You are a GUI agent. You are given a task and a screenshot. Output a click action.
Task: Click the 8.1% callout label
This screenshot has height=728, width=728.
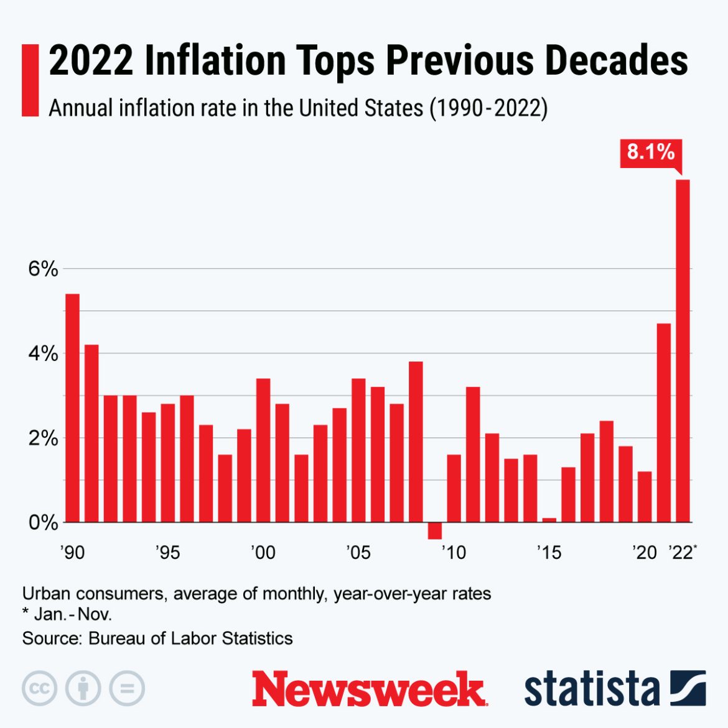650,152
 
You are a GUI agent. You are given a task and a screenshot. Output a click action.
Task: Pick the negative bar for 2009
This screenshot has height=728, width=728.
435,531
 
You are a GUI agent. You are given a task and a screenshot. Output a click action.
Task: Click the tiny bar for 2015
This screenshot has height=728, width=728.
549,520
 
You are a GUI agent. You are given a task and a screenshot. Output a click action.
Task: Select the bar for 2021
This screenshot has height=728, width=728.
664,422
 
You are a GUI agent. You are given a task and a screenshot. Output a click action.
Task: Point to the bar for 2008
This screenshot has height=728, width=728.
416,442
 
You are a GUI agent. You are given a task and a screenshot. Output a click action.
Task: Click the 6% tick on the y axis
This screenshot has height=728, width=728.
43,269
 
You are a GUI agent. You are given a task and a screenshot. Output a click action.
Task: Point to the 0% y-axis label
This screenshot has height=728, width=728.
43,523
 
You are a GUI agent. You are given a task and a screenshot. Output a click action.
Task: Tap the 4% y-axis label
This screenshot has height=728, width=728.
43,354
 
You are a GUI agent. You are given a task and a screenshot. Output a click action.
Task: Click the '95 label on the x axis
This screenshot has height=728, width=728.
167,553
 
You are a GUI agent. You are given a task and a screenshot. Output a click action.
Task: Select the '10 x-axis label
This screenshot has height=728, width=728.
454,553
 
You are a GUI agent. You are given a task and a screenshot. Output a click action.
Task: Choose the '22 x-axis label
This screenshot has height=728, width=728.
682,553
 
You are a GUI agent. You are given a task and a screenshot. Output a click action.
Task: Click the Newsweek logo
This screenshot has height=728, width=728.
368,689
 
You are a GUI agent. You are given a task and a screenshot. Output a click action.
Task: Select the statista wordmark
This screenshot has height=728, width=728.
591,689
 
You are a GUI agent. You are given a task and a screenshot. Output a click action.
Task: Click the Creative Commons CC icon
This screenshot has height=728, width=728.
40,689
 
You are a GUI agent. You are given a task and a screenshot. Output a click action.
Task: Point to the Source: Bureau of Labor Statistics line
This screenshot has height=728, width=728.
157,638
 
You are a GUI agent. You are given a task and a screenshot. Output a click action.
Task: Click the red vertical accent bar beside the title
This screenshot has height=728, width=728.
30,80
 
